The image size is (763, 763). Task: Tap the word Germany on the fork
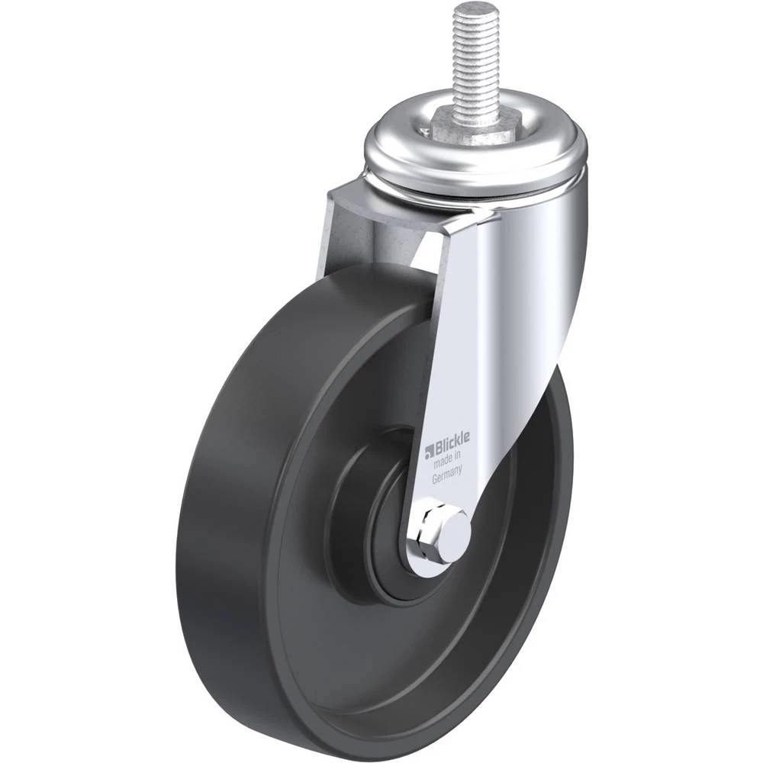(x=446, y=475)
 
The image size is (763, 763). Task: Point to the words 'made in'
(x=446, y=460)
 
